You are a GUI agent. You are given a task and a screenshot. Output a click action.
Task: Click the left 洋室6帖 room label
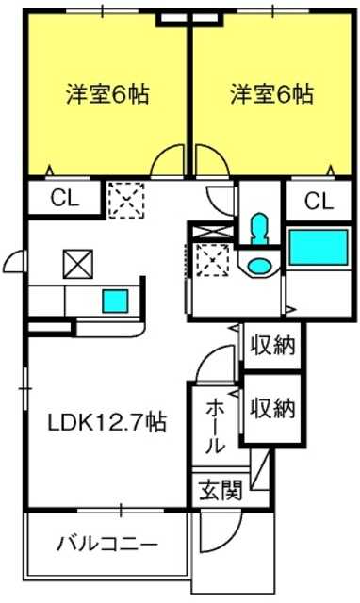pyautogui.click(x=107, y=93)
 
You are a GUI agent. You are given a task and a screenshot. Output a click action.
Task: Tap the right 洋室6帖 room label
pyautogui.click(x=272, y=93)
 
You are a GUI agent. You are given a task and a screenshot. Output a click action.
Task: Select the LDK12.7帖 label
pyautogui.click(x=106, y=422)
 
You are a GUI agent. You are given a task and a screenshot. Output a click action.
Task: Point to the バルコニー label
pyautogui.click(x=107, y=545)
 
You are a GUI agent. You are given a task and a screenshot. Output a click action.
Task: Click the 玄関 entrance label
pyautogui.click(x=221, y=490)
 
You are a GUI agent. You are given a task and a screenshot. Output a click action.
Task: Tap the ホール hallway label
pyautogui.click(x=215, y=426)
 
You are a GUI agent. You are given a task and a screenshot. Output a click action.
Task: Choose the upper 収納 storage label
pyautogui.click(x=272, y=345)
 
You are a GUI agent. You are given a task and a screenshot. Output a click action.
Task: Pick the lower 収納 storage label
pyautogui.click(x=272, y=408)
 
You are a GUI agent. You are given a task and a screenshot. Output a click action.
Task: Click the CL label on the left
pyautogui.click(x=65, y=199)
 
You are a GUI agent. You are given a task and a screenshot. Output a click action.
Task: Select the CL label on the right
pyautogui.click(x=319, y=201)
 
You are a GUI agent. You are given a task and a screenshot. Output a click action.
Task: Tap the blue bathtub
pyautogui.click(x=319, y=247)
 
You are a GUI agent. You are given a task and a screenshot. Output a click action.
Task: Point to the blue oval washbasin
pyautogui.click(x=258, y=266)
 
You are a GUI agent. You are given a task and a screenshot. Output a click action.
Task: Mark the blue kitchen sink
pyautogui.click(x=115, y=301)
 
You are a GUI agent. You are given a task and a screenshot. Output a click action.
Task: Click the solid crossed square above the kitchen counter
pyautogui.click(x=78, y=264)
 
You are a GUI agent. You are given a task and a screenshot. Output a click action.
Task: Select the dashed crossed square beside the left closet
pyautogui.click(x=126, y=201)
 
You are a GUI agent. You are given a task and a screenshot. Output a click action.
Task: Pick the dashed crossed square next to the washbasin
pyautogui.click(x=212, y=260)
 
